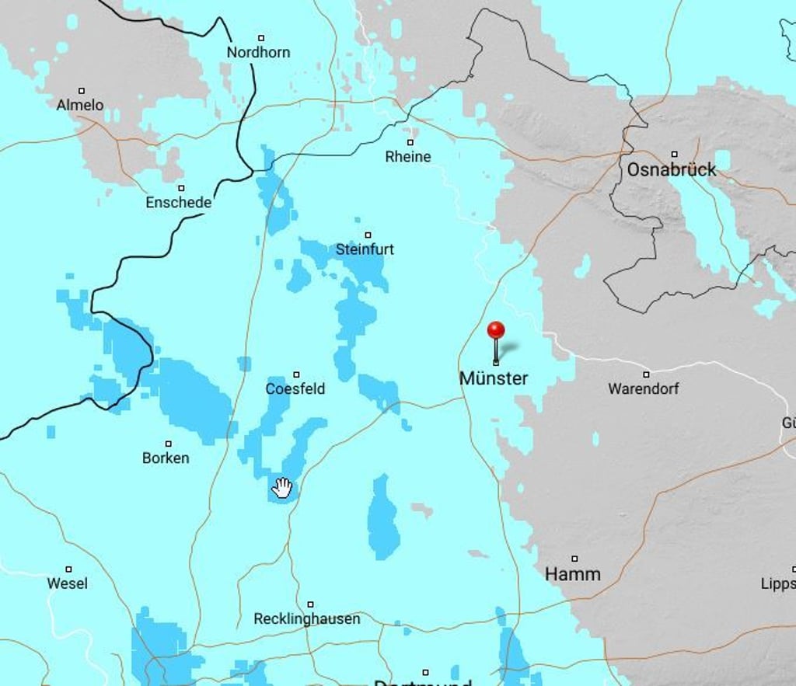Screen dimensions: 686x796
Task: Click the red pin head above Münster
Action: (496, 330)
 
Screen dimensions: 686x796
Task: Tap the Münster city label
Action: (494, 378)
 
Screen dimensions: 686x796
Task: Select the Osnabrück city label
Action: (672, 169)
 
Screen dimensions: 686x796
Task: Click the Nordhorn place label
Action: (258, 52)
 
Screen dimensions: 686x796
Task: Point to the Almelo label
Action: (79, 105)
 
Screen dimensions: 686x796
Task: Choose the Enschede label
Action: (178, 203)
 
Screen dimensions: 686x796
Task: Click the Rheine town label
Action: (408, 157)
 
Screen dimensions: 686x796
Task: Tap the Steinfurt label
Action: (365, 249)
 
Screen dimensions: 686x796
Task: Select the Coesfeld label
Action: (295, 388)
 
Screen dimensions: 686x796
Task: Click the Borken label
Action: (166, 458)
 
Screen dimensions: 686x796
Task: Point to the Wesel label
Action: (68, 583)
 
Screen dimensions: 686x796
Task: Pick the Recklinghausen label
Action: (307, 619)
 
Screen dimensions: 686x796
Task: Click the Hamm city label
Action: (573, 575)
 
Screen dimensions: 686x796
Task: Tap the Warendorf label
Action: (643, 388)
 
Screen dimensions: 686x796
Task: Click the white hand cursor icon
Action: (282, 488)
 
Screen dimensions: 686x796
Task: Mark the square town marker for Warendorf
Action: (646, 374)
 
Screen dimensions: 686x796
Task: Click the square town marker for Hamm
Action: (574, 559)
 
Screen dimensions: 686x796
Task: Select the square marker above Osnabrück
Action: (674, 154)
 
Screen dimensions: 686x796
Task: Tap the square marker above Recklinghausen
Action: (310, 604)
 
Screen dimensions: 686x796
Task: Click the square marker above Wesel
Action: (68, 569)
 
